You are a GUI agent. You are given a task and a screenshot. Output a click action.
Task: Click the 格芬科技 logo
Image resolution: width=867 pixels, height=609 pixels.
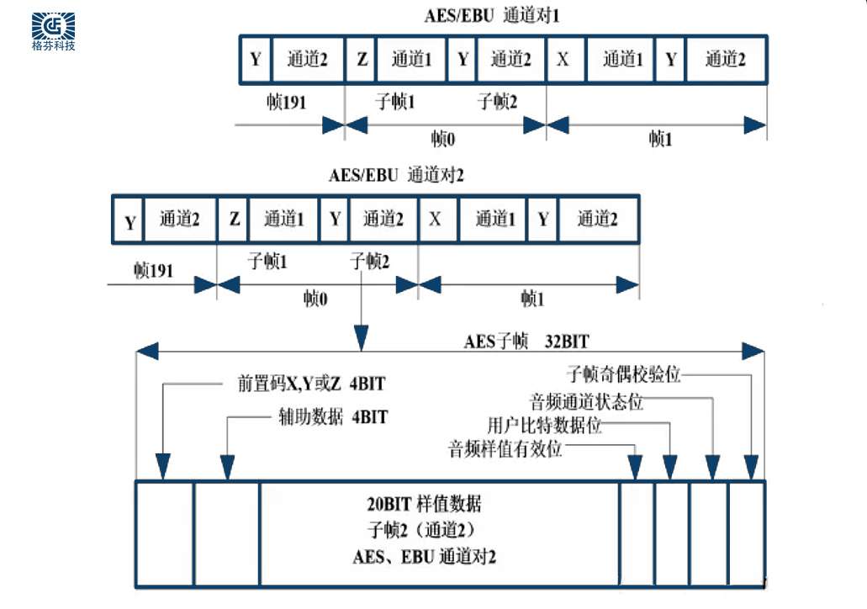(53, 30)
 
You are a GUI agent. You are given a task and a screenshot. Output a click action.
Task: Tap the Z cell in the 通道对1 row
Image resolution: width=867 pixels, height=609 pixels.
(362, 60)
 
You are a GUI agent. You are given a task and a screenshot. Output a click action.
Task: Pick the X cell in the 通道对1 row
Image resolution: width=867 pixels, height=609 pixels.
(563, 60)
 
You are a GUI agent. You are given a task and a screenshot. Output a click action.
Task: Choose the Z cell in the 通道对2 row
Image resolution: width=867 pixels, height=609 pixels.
(234, 220)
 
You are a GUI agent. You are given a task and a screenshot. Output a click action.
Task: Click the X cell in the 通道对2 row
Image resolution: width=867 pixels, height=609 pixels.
(436, 220)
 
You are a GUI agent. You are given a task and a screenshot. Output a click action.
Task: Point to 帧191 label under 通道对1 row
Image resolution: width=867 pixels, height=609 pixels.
(283, 102)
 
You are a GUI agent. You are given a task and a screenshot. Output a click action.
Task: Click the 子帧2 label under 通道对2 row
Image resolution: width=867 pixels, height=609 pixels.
(369, 262)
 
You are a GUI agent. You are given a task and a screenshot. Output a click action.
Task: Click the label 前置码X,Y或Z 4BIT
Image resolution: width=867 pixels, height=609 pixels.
(310, 385)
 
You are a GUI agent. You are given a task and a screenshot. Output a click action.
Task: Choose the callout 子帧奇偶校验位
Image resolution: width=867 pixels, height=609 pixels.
(623, 373)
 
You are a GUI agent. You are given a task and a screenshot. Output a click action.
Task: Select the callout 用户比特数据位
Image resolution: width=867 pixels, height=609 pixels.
(545, 425)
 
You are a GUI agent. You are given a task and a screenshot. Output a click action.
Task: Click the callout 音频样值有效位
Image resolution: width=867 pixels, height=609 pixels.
(505, 448)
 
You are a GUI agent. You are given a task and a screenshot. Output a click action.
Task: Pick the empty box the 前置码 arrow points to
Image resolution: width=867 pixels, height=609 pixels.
(164, 532)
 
